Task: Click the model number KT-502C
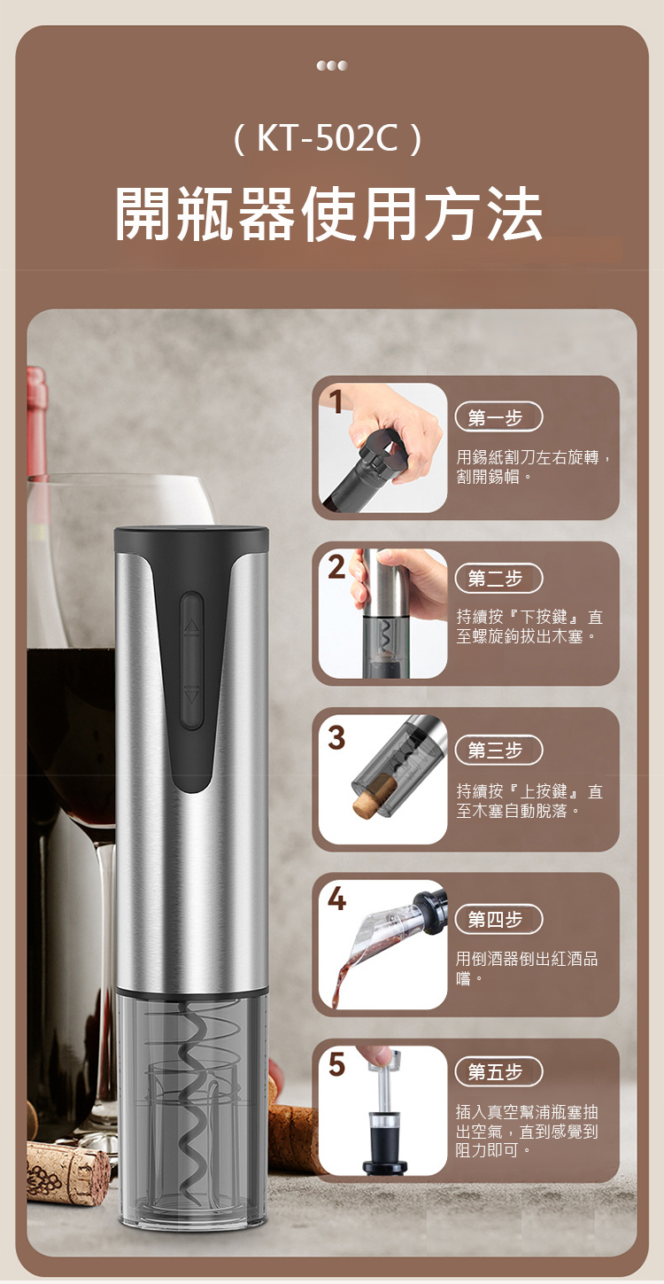[328, 139]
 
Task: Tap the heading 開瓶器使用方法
[328, 215]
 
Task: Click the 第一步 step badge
[498, 418]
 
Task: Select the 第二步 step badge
[498, 579]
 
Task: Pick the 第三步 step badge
[498, 750]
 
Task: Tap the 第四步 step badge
[498, 919]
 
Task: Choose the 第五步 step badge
[498, 1071]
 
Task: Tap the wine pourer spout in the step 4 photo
[373, 934]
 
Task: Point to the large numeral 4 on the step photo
[337, 899]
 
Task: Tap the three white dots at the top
[332, 66]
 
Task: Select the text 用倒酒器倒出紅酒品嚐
[527, 968]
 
